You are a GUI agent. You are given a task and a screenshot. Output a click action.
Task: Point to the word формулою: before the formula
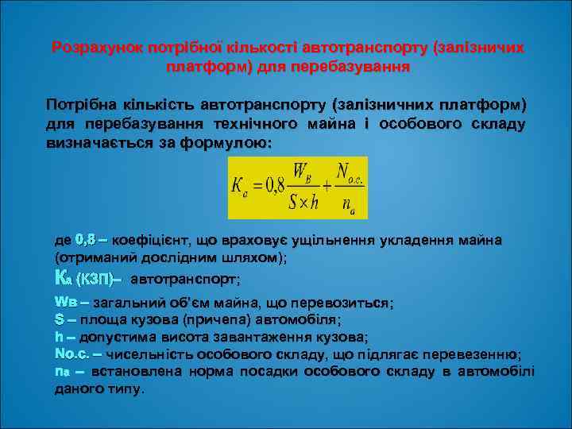pyautogui.click(x=230, y=144)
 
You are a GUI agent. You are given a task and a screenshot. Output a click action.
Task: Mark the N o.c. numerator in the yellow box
pyautogui.click(x=349, y=172)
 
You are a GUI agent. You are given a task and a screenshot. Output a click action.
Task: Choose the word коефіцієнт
pyautogui.click(x=151, y=240)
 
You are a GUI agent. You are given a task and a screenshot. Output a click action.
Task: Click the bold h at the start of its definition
pyautogui.click(x=57, y=336)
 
